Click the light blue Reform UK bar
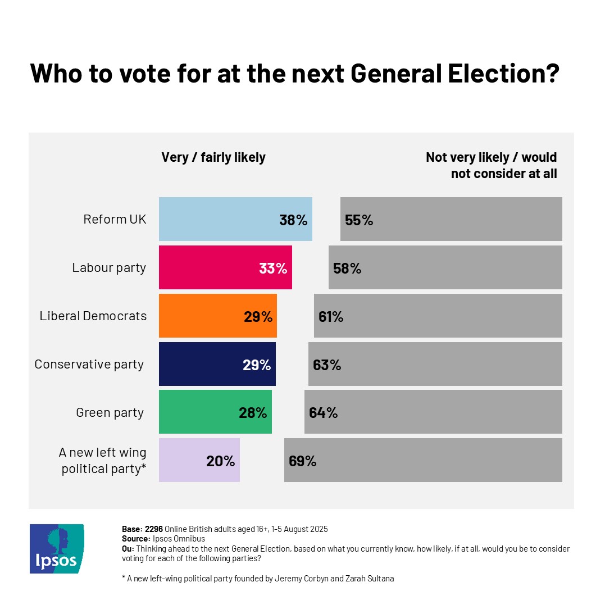pyautogui.click(x=219, y=219)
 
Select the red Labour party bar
pyautogui.click(x=208, y=267)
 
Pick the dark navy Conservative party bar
pyautogui.click(x=200, y=364)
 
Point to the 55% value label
pyautogui.click(x=359, y=220)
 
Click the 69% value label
pyautogui.click(x=303, y=461)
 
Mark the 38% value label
pyautogui.click(x=293, y=220)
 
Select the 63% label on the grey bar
pyautogui.click(x=327, y=365)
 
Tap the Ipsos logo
pyautogui.click(x=57, y=548)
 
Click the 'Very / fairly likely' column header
pyautogui.click(x=213, y=157)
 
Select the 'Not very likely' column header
pyautogui.click(x=491, y=165)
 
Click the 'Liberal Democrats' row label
pyautogui.click(x=93, y=316)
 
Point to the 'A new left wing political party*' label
pyautogui.click(x=103, y=461)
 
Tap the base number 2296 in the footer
pyautogui.click(x=154, y=529)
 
